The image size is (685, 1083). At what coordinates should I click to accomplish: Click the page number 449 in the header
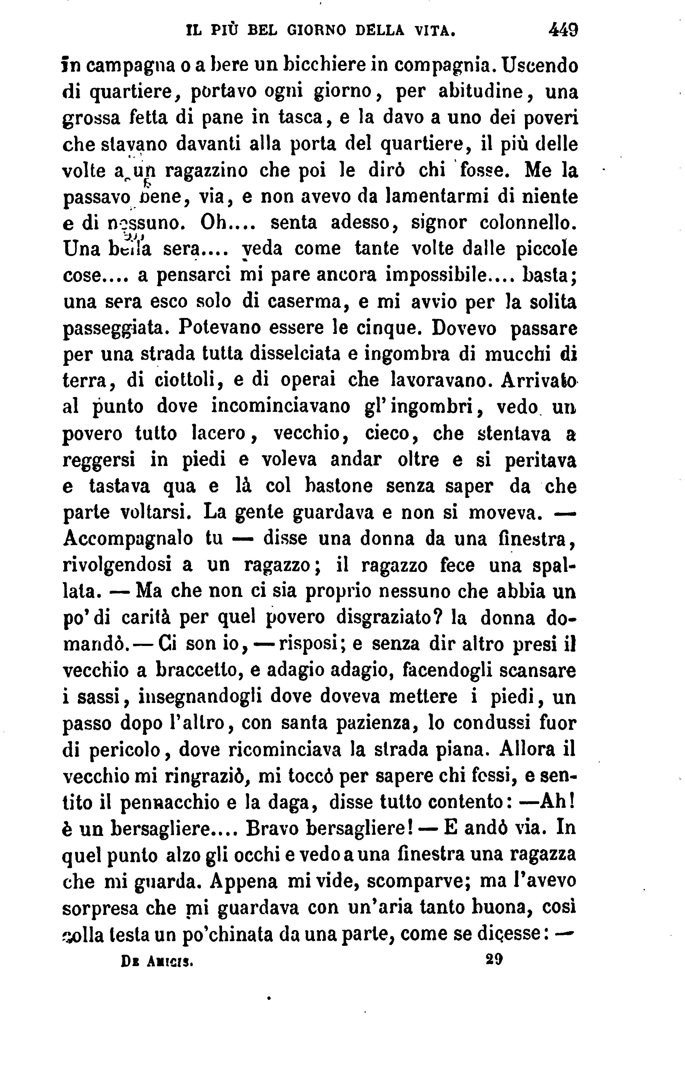click(x=563, y=31)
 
